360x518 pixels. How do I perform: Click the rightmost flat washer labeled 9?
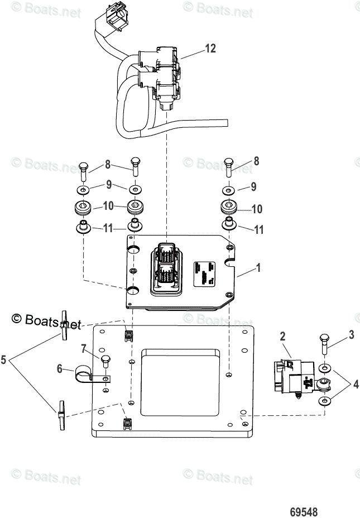(x=228, y=188)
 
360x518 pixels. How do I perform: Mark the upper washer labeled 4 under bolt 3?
(x=325, y=370)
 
